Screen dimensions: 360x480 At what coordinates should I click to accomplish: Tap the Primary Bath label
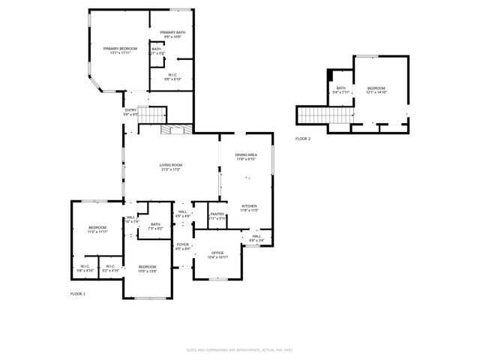pos(172,34)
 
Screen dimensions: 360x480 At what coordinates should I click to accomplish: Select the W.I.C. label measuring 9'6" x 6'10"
pos(172,76)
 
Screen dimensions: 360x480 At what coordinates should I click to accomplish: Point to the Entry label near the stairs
pos(130,112)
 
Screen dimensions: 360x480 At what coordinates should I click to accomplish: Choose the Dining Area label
pos(247,157)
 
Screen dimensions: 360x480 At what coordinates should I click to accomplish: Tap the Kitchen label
pos(249,208)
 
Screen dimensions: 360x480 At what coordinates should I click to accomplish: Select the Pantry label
pos(217,216)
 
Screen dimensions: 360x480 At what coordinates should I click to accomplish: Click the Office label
pos(217,255)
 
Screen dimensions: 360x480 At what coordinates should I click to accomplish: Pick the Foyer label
pos(182,247)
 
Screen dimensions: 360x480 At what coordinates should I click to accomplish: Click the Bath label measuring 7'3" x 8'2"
pos(155,226)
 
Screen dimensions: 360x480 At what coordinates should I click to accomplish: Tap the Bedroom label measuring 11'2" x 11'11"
pos(97,229)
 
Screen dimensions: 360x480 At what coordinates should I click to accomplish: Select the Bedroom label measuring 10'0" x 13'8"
pos(147,268)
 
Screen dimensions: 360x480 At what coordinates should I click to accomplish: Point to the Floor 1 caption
pos(78,293)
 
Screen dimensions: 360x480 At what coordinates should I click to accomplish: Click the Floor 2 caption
pos(303,139)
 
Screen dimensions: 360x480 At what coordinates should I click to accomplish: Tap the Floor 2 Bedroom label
pos(376,90)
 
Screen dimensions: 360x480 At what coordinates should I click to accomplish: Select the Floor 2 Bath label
pos(340,90)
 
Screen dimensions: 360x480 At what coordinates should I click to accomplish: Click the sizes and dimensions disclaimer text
pos(239,349)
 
